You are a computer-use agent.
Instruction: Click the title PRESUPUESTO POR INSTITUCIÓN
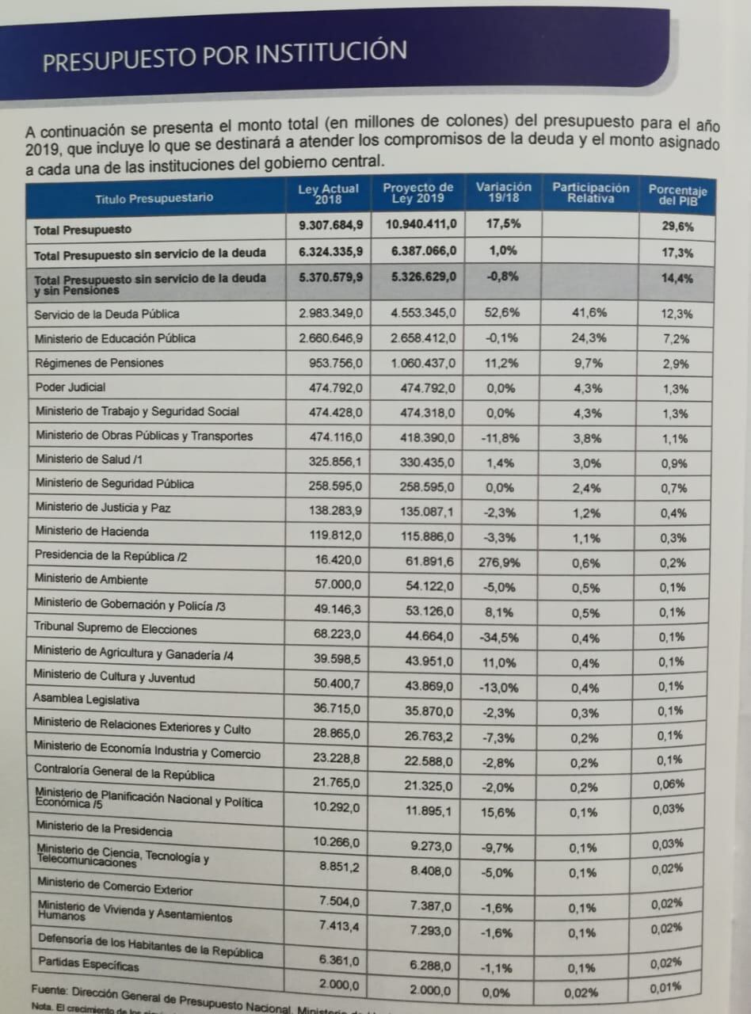(x=225, y=56)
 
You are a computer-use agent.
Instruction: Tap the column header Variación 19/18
(x=504, y=192)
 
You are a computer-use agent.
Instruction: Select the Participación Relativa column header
(x=590, y=193)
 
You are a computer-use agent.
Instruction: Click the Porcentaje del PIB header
(x=677, y=195)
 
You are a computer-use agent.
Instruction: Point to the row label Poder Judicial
(x=71, y=387)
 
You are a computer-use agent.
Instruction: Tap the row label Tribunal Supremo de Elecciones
(x=115, y=629)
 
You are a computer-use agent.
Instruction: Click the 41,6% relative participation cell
(x=589, y=314)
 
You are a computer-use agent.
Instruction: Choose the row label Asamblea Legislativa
(x=86, y=700)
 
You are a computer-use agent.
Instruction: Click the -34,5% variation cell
(x=500, y=637)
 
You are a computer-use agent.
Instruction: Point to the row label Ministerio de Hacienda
(x=91, y=531)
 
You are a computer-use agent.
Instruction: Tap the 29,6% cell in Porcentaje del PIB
(x=677, y=227)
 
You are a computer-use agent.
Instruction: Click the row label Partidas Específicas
(x=88, y=965)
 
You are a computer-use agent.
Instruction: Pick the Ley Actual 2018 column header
(x=328, y=193)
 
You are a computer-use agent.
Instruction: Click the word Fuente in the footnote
(x=49, y=990)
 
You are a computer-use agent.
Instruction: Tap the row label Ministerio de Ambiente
(x=90, y=579)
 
